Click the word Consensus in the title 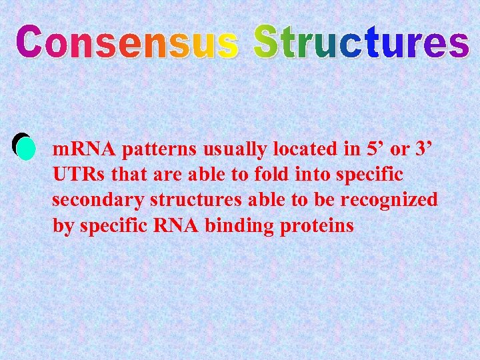(x=127, y=41)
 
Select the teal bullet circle (x=25, y=148)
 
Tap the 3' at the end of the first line (x=423, y=149)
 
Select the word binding (x=236, y=226)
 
